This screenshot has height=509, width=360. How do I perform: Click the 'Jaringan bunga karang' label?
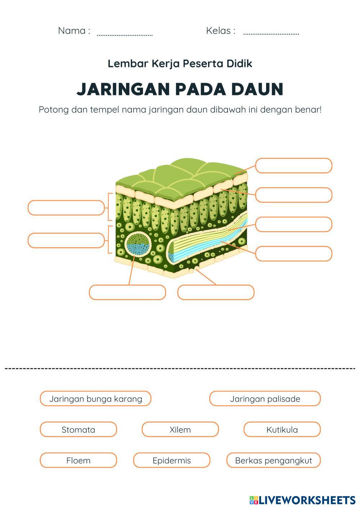point(95,398)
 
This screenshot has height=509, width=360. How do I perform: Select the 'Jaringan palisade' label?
point(265,398)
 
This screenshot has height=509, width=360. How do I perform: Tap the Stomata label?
point(78,429)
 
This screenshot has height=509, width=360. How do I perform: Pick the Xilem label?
point(180,429)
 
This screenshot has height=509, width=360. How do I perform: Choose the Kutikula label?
point(282,429)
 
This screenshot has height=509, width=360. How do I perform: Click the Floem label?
point(78,460)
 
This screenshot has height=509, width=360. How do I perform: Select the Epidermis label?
point(171,460)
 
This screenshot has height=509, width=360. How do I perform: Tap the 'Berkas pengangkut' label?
point(273,460)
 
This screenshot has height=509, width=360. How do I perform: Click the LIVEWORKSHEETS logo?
point(302,500)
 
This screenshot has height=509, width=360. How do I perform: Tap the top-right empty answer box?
point(293,166)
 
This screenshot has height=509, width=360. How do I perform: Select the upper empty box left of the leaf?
point(66,208)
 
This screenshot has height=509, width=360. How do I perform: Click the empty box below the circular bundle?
point(127,292)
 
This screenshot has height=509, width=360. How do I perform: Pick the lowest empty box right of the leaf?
point(293,254)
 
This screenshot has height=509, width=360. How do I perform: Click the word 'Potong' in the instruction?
point(53,109)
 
